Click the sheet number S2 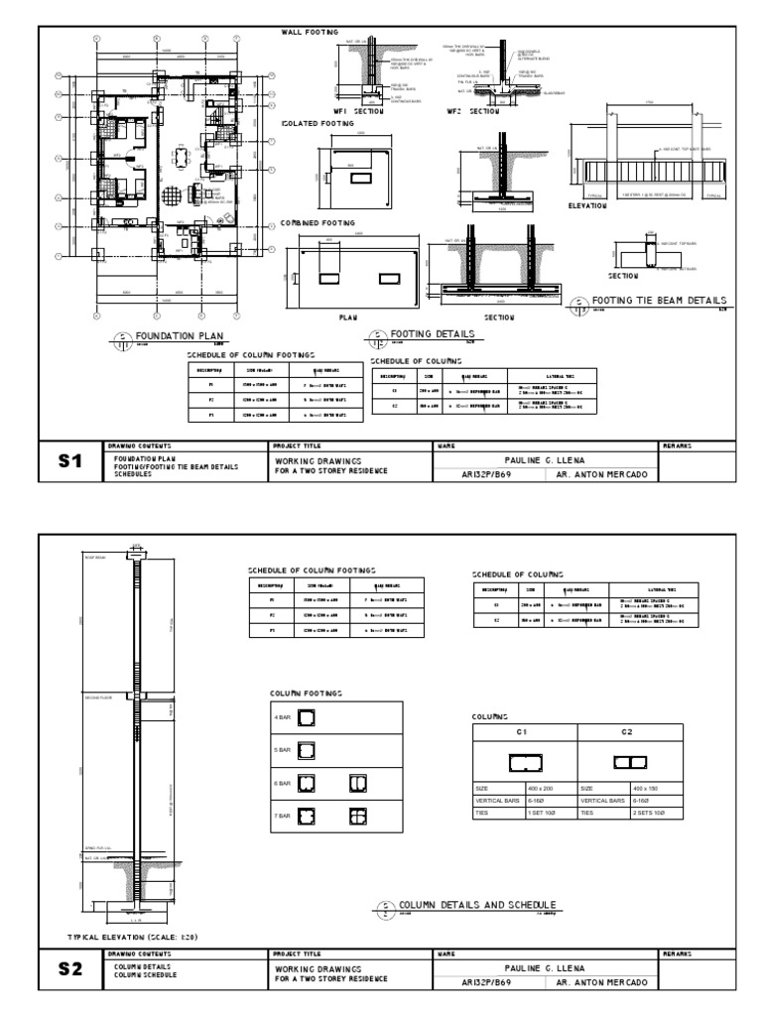pyautogui.click(x=69, y=968)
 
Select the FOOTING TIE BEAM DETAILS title pyautogui.click(x=658, y=301)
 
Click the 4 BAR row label pyautogui.click(x=282, y=716)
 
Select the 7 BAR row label pyautogui.click(x=282, y=815)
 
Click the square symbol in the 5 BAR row pyautogui.click(x=308, y=749)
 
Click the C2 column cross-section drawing pyautogui.click(x=630, y=762)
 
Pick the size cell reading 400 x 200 pyautogui.click(x=541, y=788)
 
